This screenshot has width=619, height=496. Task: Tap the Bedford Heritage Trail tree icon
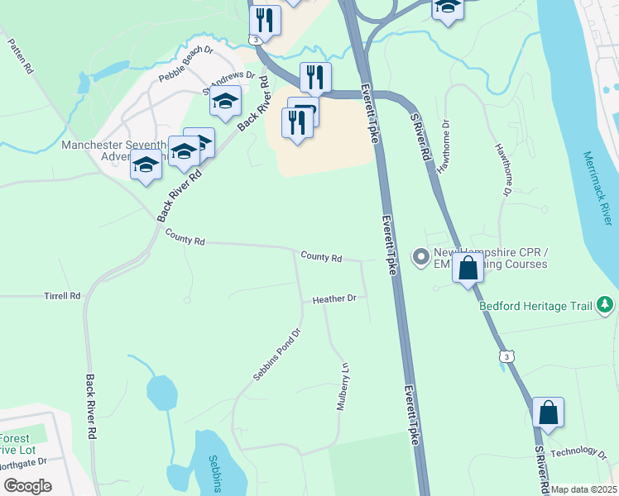click(x=606, y=305)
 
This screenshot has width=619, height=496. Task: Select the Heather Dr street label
click(x=333, y=298)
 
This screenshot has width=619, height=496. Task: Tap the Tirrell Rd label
click(x=63, y=295)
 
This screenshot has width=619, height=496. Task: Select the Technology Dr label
click(x=578, y=451)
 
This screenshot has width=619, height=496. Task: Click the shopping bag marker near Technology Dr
click(x=548, y=413)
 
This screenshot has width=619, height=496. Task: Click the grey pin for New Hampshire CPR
click(x=420, y=257)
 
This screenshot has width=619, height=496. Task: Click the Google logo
click(x=28, y=486)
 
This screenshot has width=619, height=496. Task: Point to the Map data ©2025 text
click(x=584, y=489)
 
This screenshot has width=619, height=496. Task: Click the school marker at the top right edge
click(x=447, y=7)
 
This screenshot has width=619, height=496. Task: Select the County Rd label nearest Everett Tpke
click(x=321, y=257)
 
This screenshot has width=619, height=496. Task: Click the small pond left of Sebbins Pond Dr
click(x=161, y=392)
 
